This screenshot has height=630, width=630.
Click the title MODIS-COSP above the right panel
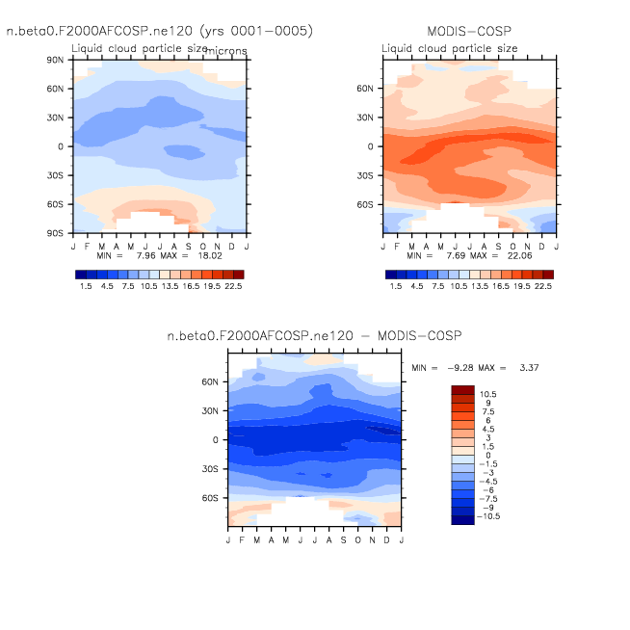(468, 32)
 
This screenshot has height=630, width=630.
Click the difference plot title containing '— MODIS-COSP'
(315, 335)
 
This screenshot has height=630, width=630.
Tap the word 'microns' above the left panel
(224, 51)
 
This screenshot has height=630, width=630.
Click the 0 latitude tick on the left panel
(61, 146)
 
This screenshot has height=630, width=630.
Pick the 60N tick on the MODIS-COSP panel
(365, 89)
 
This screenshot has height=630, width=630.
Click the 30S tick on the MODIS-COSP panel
(365, 175)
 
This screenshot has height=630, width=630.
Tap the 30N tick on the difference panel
(211, 410)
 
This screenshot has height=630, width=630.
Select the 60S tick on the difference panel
(211, 498)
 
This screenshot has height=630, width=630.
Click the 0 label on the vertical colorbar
(487, 455)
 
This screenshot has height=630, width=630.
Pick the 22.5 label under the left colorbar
(233, 286)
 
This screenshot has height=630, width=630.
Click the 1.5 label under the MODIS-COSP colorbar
(395, 286)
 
